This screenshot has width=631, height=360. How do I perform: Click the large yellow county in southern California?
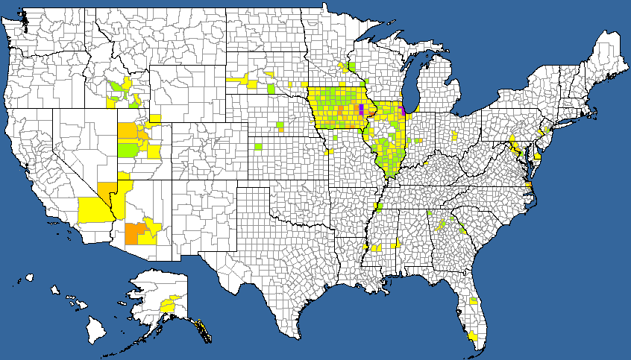[x=92, y=209]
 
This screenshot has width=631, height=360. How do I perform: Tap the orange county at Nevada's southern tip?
[x=107, y=187]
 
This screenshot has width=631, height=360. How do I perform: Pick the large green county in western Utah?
[x=128, y=149]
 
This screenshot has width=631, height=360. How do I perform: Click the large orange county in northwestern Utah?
[x=127, y=131]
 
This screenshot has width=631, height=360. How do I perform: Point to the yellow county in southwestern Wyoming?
[x=155, y=118]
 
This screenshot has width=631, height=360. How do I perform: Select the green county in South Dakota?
[x=270, y=89]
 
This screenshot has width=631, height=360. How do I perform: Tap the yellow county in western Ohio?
[x=455, y=136]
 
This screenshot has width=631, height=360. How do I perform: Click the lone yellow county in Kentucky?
[x=425, y=161]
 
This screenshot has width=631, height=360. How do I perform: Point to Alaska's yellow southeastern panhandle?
[x=202, y=329]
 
